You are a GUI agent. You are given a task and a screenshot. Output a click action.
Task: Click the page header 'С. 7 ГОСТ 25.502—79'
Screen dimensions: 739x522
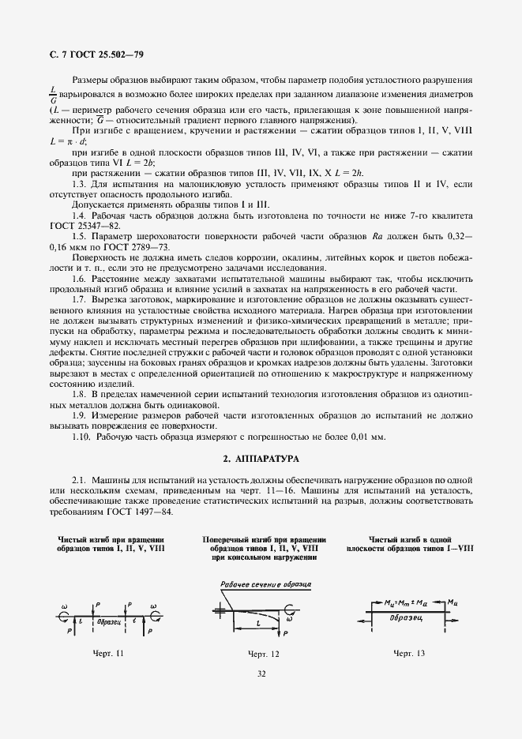pyautogui.click(x=92, y=54)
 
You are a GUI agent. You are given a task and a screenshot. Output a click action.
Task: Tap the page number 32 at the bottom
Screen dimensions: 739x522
pyautogui.click(x=261, y=673)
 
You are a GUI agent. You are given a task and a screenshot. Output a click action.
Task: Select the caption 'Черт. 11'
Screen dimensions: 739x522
pyautogui.click(x=108, y=654)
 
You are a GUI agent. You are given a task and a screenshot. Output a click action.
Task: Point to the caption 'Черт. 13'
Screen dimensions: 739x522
pyautogui.click(x=408, y=654)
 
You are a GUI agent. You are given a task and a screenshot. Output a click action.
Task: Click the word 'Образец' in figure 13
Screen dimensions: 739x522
pyautogui.click(x=409, y=618)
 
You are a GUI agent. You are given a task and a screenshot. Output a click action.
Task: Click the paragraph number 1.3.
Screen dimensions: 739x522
pyautogui.click(x=79, y=183)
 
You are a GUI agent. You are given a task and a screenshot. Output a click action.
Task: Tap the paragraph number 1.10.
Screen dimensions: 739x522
pyautogui.click(x=82, y=437)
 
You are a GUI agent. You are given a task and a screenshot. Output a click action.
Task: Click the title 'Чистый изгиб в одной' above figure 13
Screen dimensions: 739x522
pyautogui.click(x=410, y=540)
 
